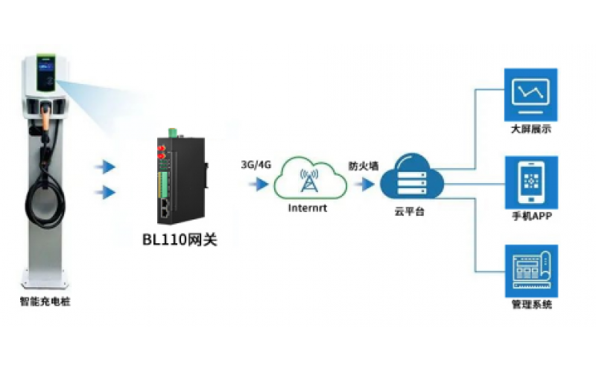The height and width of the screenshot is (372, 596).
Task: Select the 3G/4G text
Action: [256, 164]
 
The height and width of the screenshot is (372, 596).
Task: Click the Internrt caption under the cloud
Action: [308, 210]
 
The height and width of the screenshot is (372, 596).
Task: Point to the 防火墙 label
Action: [363, 165]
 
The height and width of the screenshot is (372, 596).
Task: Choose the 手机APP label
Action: [530, 216]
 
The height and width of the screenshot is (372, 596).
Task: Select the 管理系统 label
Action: [530, 304]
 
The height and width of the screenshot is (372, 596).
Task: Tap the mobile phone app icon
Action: [530, 181]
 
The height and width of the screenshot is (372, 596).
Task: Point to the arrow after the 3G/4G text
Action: [261, 183]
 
